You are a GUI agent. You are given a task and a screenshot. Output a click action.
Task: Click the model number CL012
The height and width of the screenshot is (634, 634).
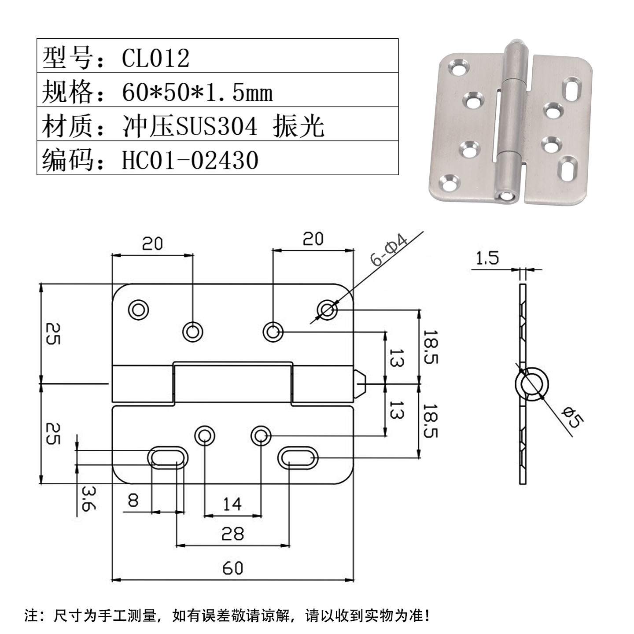pyautogui.click(x=155, y=58)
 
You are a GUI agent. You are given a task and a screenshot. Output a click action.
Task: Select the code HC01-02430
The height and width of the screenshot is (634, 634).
pyautogui.click(x=190, y=160)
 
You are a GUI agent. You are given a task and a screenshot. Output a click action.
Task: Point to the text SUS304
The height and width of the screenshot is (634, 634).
pyautogui.click(x=216, y=126)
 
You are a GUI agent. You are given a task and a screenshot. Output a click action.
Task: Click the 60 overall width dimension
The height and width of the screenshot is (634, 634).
pyautogui.click(x=232, y=568)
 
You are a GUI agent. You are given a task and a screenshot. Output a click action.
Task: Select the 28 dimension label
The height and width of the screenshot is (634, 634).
pyautogui.click(x=232, y=534)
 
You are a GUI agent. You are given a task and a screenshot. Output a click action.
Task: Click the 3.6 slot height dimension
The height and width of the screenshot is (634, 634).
pyautogui.click(x=88, y=498)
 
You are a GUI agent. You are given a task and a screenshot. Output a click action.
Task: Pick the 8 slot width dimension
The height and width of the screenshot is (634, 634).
pyautogui.click(x=133, y=500)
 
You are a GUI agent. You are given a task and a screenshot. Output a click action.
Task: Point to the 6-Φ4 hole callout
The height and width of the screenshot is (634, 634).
pyautogui.click(x=389, y=251)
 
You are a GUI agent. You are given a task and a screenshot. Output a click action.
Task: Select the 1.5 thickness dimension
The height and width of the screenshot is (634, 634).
pyautogui.click(x=487, y=258)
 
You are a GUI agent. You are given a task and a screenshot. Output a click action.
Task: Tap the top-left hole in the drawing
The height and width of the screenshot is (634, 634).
pyautogui.click(x=138, y=310)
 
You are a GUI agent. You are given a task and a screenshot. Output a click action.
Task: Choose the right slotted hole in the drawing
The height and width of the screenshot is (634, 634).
pyautogui.click(x=298, y=458)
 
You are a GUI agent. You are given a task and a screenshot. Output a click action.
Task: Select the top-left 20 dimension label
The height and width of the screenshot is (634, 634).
pyautogui.click(x=152, y=243)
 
